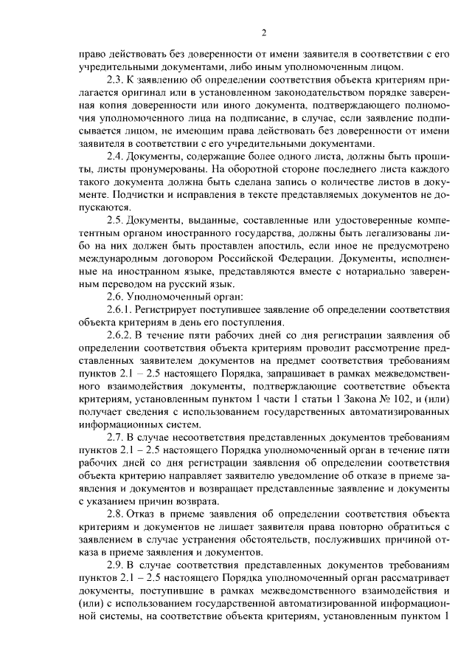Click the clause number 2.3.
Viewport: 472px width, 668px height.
[115, 78]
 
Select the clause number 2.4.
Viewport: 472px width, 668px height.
[116, 155]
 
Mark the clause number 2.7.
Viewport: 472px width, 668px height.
[116, 439]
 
